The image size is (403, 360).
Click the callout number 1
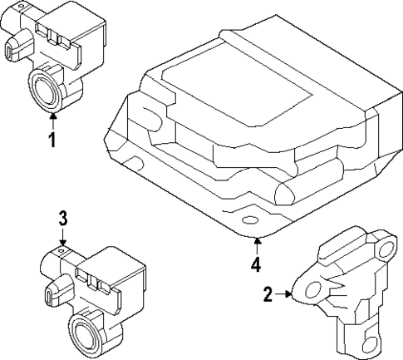[52, 141]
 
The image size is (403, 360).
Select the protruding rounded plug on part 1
[12, 50]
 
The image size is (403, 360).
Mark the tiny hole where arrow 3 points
[62, 249]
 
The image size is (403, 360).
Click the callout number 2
[268, 293]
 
